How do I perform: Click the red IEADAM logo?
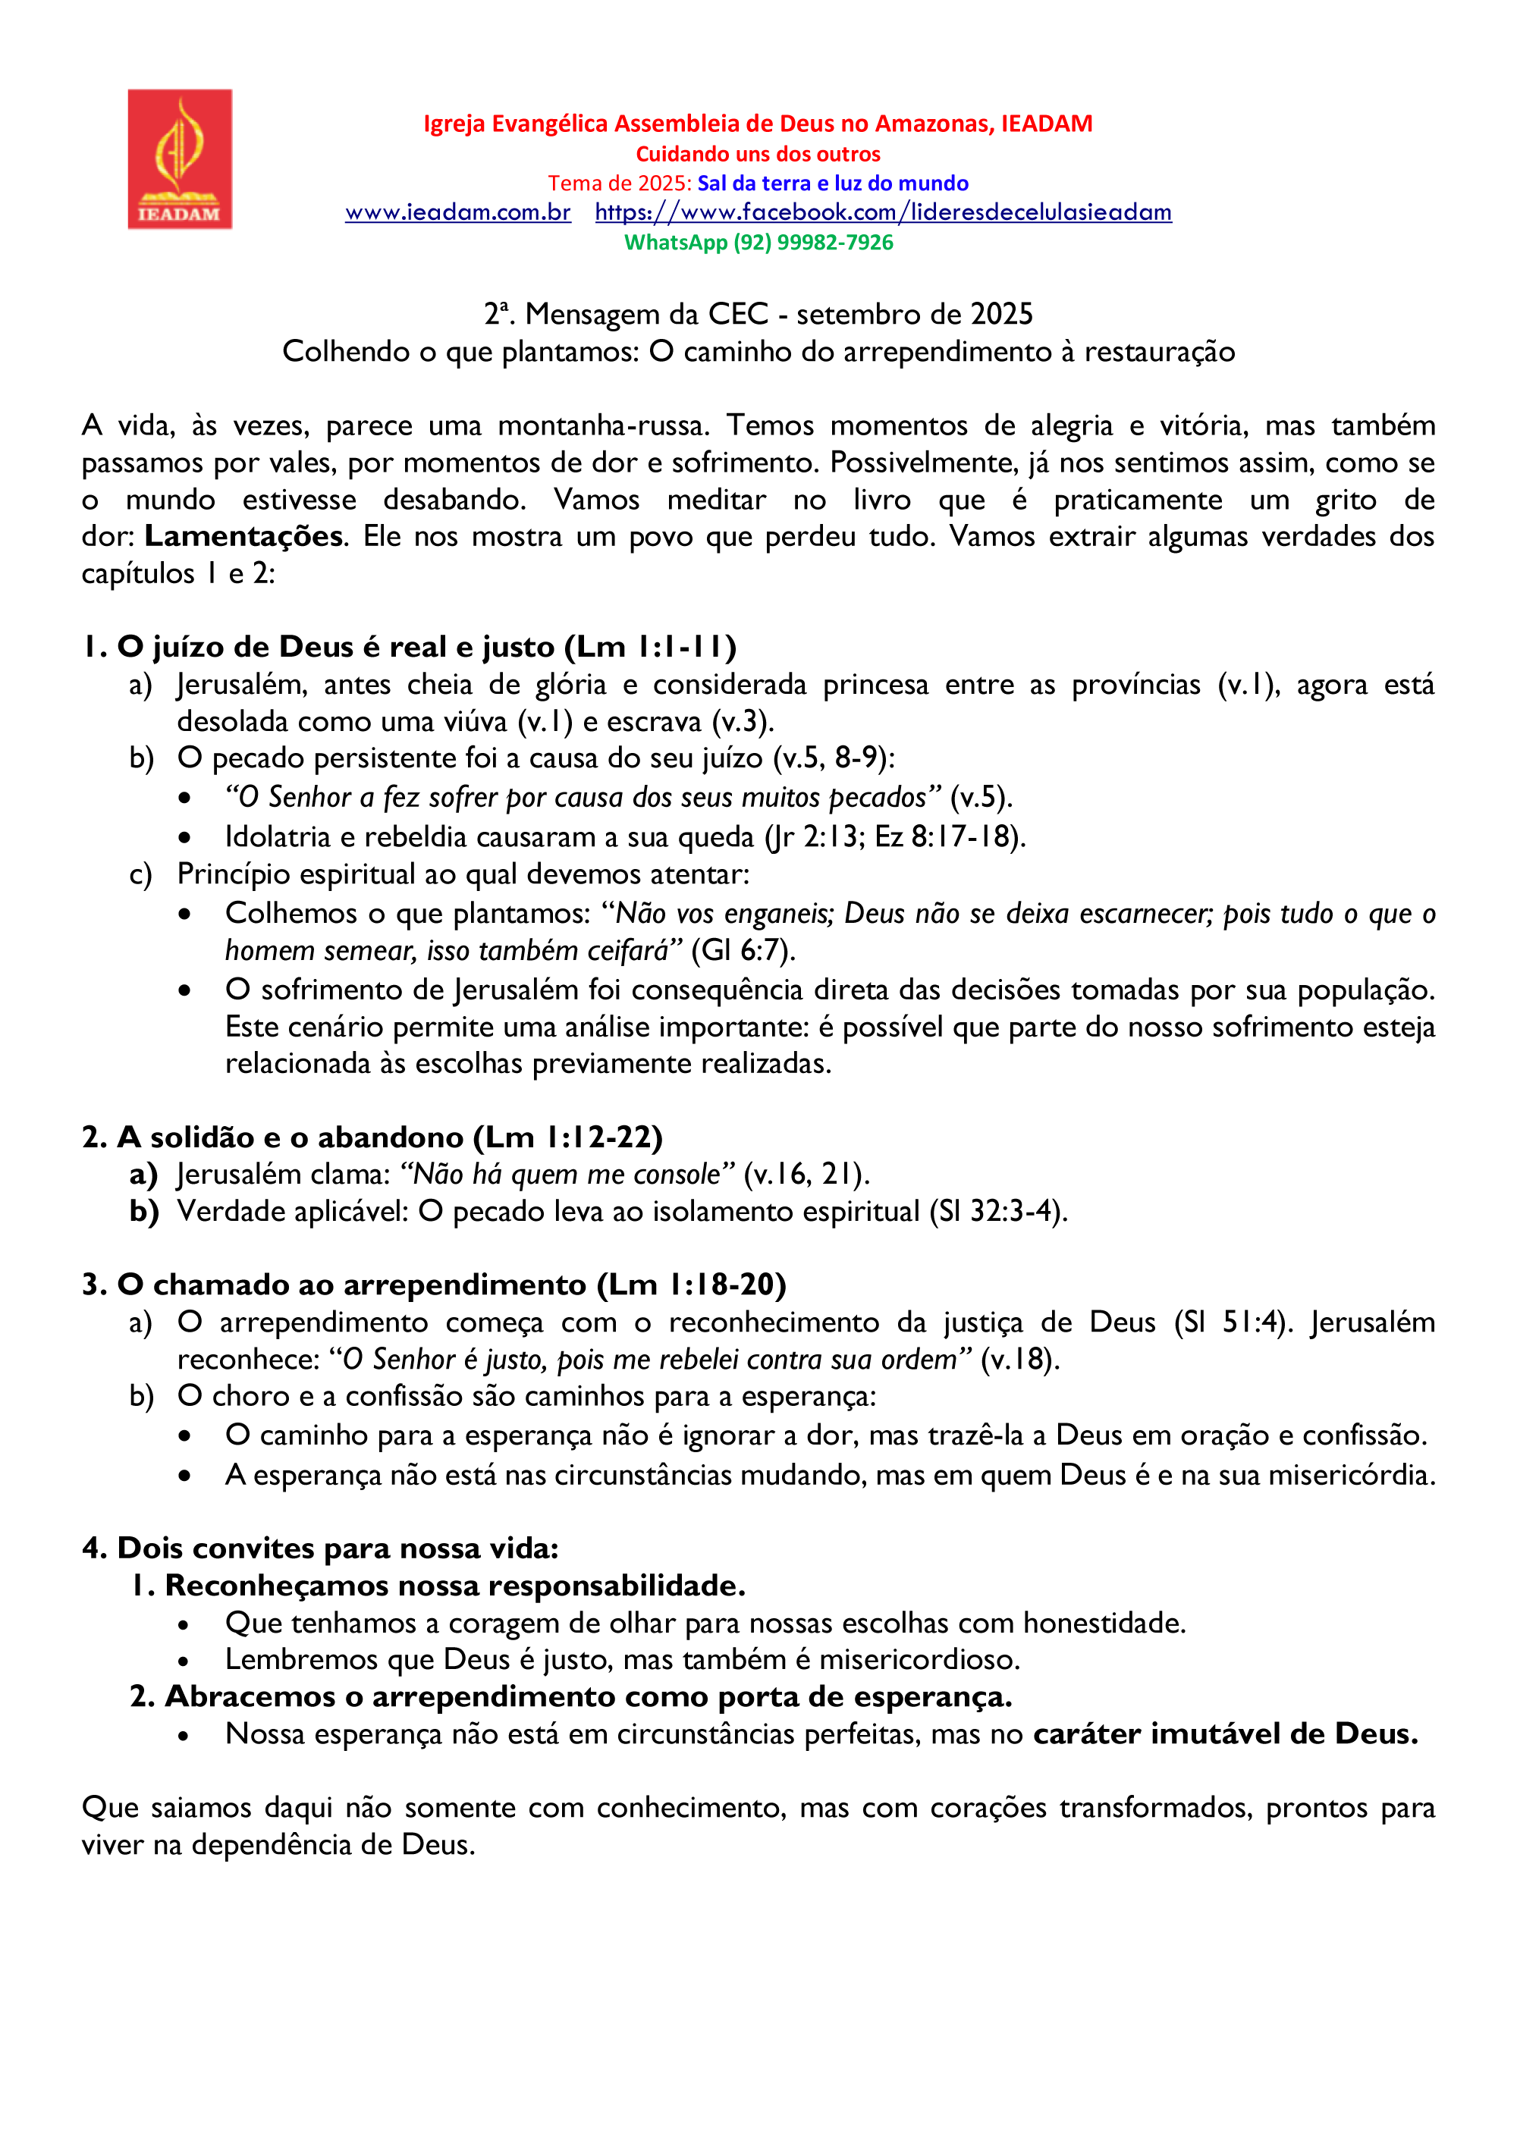(x=180, y=159)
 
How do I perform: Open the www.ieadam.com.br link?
(x=457, y=212)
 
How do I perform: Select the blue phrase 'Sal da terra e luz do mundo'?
(x=832, y=184)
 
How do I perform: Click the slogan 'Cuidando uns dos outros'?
(x=758, y=154)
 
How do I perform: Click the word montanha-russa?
(x=603, y=426)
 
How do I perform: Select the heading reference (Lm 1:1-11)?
(x=651, y=647)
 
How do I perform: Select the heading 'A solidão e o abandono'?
(x=291, y=1137)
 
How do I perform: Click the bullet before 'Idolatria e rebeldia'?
(x=185, y=837)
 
